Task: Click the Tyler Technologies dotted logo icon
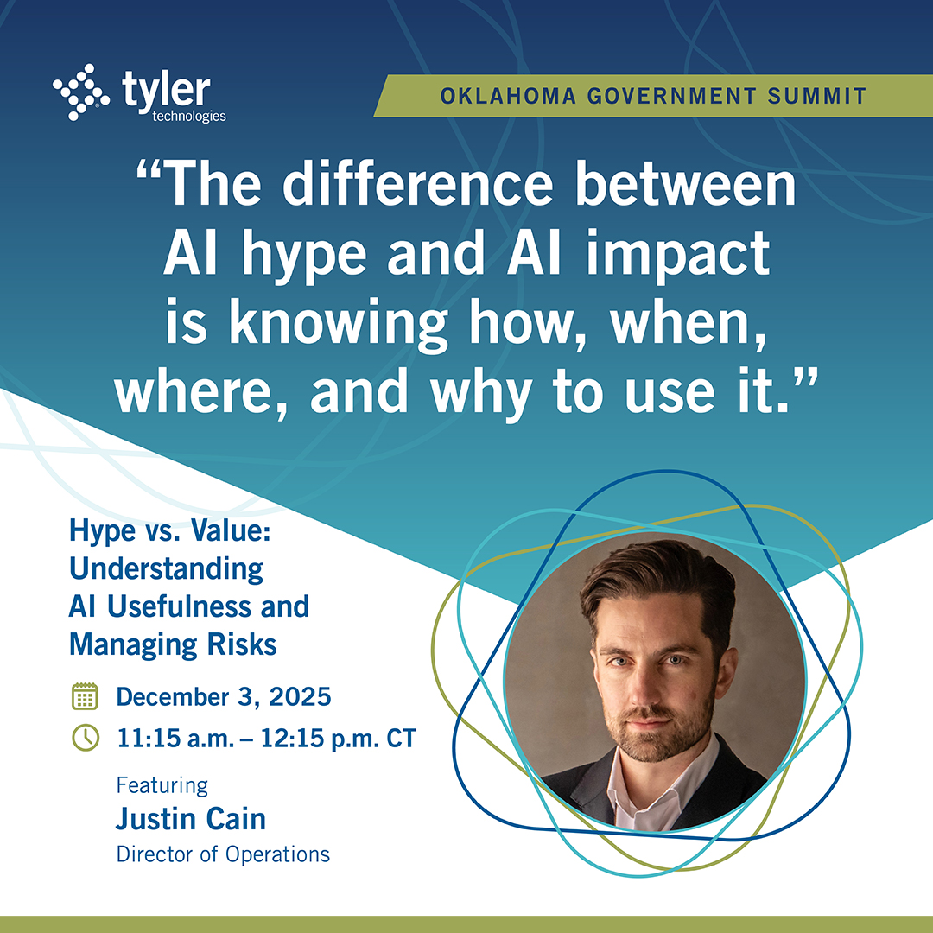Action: point(81,92)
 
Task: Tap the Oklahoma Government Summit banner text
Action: point(653,95)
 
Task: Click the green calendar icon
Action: point(85,696)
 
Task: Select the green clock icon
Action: point(85,739)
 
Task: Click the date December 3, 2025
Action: point(224,696)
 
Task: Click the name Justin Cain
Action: point(190,818)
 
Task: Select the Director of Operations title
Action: point(223,854)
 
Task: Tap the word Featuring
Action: point(162,785)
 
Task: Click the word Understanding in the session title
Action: point(166,569)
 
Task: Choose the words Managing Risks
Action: point(173,644)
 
